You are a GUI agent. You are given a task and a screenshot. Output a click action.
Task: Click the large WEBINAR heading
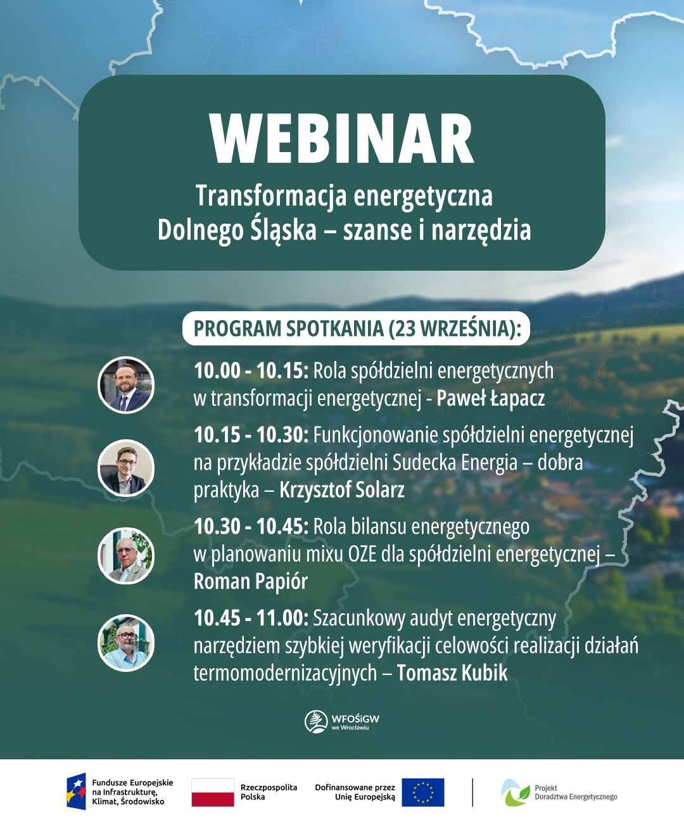click(342, 139)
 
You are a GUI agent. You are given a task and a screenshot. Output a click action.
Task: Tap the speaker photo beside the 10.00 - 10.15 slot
click(126, 385)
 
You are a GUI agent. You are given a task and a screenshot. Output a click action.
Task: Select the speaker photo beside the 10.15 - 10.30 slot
click(126, 468)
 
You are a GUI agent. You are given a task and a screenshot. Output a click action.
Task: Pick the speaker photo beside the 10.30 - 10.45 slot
click(126, 555)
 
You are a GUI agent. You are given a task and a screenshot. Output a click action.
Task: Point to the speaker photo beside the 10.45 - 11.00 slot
click(126, 643)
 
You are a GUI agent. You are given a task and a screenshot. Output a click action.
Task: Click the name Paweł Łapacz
click(491, 398)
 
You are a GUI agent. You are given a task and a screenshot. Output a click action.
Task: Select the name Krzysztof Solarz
click(342, 490)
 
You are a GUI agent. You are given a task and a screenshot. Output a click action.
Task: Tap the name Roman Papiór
click(251, 581)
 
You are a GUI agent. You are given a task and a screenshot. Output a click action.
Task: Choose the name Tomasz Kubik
click(452, 673)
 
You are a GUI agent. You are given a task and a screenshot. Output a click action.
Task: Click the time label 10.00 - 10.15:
click(251, 371)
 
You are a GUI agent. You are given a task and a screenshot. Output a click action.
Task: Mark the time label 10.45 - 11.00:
click(251, 618)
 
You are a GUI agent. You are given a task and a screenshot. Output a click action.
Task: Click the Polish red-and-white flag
click(213, 792)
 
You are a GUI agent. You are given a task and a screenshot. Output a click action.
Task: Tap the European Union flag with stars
click(423, 792)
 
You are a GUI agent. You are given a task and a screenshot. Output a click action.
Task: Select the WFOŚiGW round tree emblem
click(315, 721)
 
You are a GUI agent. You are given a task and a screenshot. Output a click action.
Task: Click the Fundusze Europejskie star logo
click(77, 792)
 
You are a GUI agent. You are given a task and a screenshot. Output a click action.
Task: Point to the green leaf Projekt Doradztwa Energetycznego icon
click(516, 792)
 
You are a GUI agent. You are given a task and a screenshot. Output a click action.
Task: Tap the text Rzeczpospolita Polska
click(269, 792)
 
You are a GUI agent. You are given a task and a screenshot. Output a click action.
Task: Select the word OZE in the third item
click(362, 554)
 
